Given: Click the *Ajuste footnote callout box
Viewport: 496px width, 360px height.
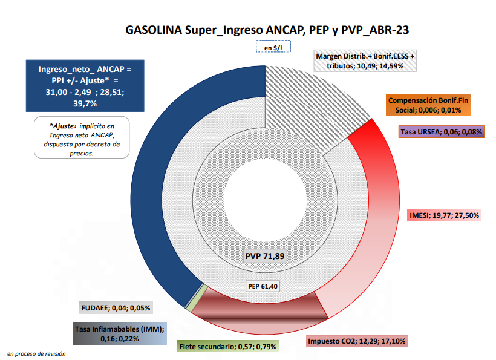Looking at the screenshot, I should (x=82, y=137).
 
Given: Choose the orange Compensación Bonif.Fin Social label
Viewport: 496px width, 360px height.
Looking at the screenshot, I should (x=428, y=105).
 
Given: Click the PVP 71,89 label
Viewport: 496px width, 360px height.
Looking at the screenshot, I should (x=265, y=256).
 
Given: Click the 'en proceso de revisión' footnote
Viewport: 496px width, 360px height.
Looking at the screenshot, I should (x=36, y=353).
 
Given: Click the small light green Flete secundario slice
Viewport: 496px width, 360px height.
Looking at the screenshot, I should (x=191, y=306).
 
